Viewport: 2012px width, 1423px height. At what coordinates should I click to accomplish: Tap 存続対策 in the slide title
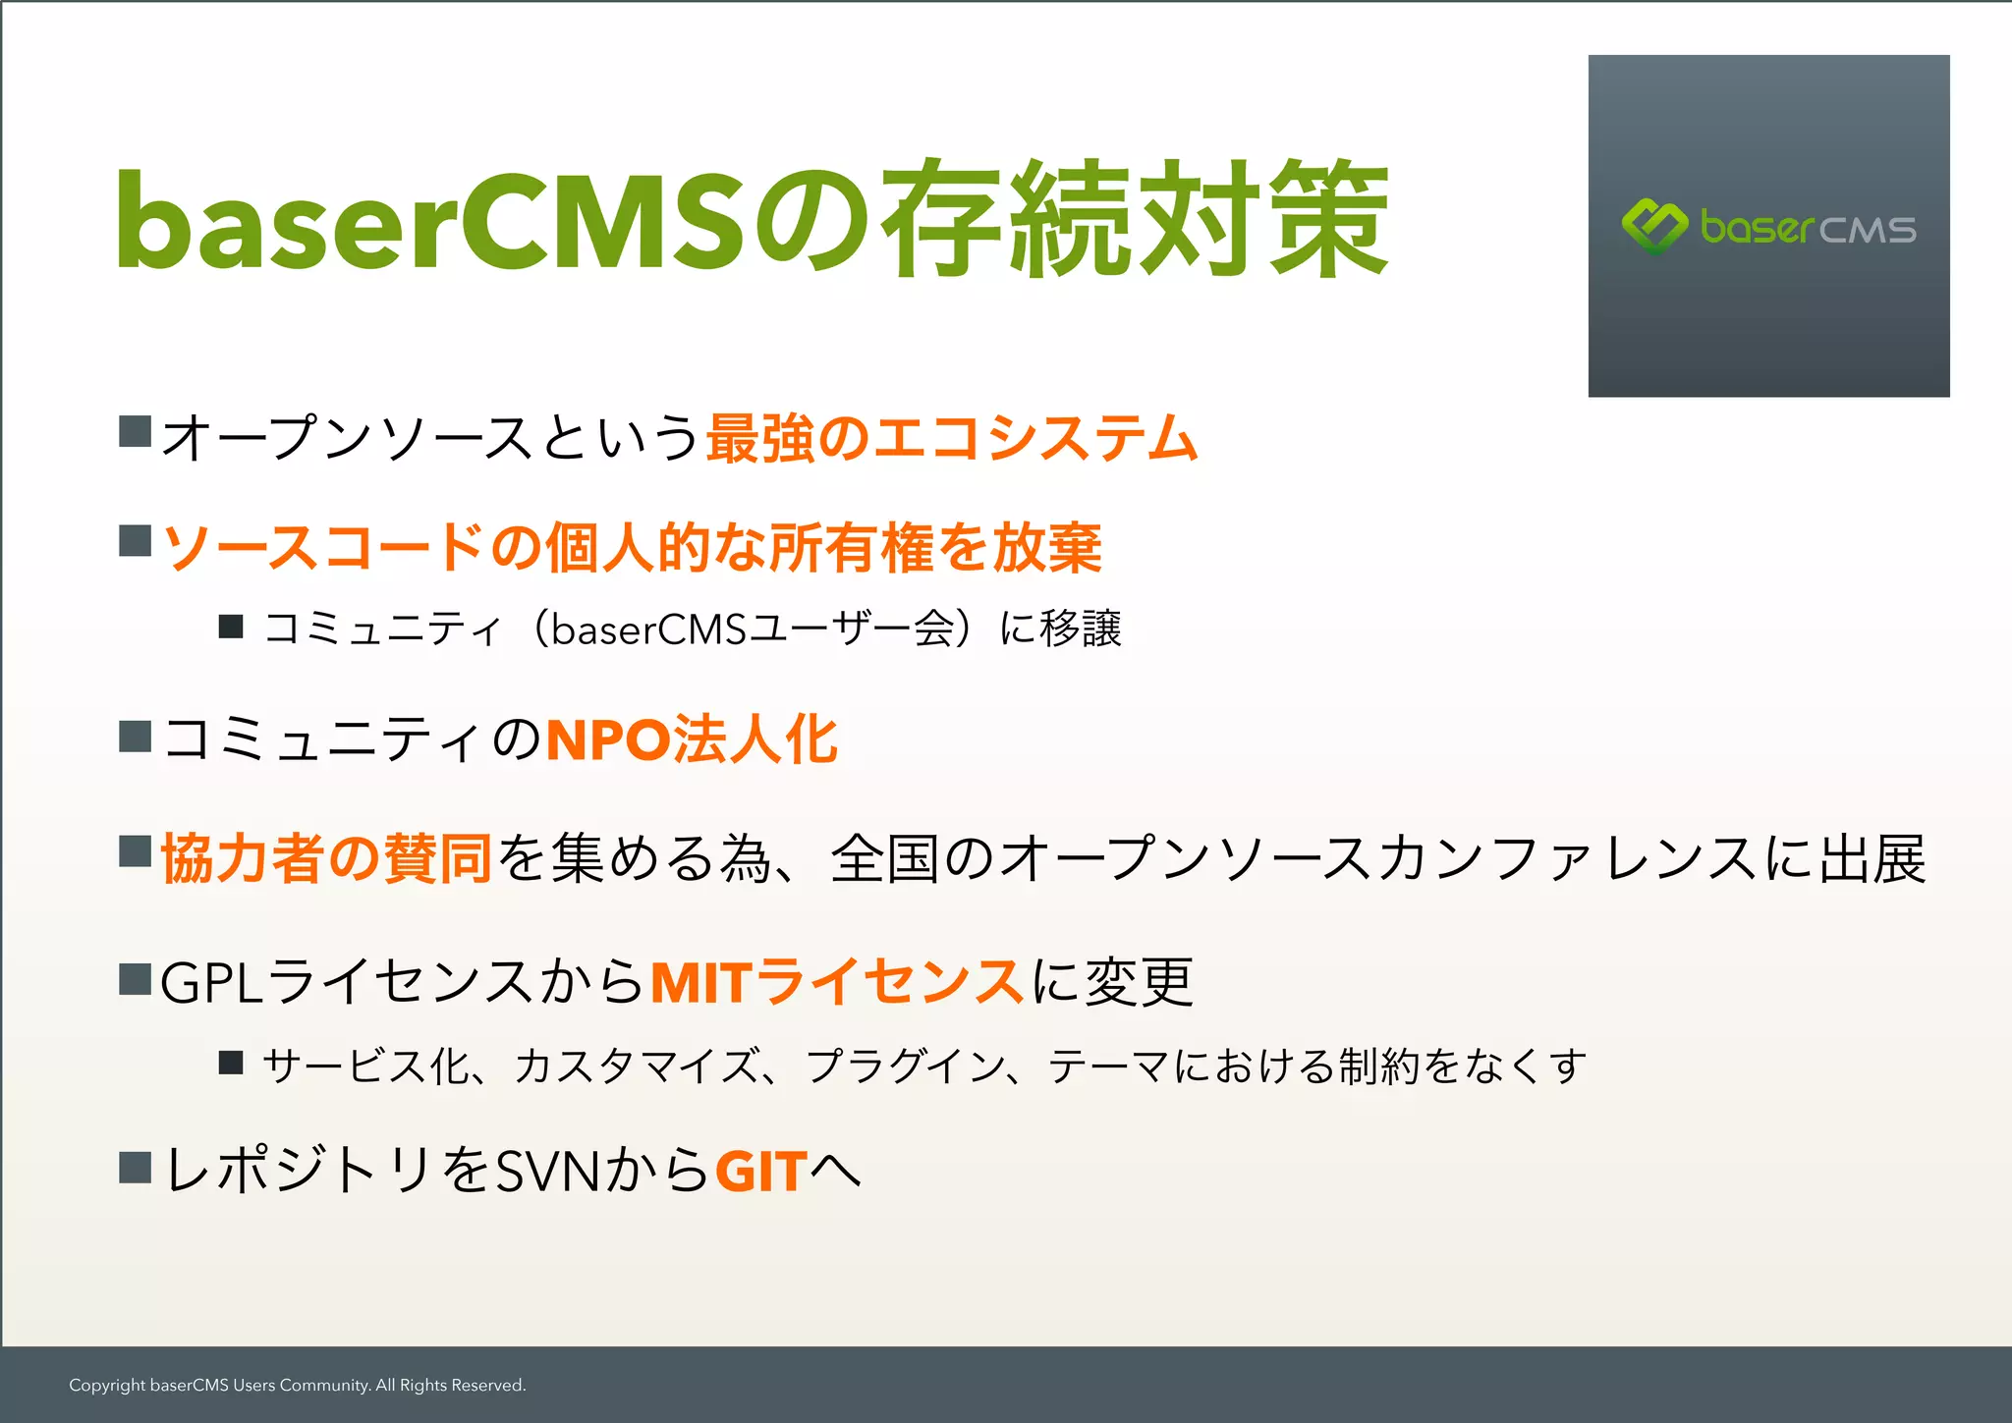[x=1135, y=221]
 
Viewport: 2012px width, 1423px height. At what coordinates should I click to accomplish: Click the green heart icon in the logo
[x=1654, y=226]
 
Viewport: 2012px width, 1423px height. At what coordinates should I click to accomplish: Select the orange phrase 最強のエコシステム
[x=951, y=438]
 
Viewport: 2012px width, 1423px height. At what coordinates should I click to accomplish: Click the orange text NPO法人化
[x=692, y=739]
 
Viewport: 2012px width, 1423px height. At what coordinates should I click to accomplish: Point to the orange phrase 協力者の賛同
[x=326, y=858]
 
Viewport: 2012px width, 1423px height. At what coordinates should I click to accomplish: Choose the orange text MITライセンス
[x=837, y=981]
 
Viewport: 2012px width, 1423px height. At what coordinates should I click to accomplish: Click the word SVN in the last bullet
[x=548, y=1171]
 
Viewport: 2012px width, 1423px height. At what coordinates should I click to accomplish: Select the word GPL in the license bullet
[x=211, y=982]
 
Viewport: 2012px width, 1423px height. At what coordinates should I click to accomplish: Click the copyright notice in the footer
[x=297, y=1385]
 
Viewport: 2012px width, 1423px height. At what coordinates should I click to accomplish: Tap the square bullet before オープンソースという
[x=135, y=431]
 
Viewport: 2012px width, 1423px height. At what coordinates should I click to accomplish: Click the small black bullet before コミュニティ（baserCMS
[x=231, y=626]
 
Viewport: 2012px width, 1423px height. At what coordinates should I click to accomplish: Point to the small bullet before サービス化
[x=231, y=1062]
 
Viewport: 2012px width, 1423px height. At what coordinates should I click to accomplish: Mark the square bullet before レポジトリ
[x=135, y=1167]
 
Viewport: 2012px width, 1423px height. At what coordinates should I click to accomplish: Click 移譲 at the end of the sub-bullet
[x=1081, y=629]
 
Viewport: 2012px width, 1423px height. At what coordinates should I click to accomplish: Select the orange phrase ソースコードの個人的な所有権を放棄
[x=632, y=547]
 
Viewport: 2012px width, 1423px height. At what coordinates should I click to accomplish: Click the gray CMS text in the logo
[x=1867, y=230]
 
